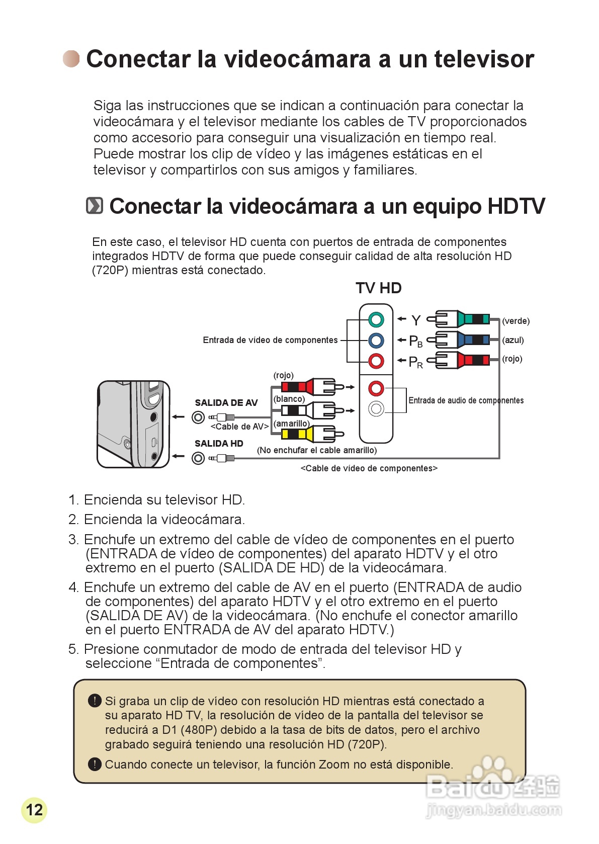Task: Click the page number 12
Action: coord(34,810)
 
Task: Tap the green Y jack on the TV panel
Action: coord(376,319)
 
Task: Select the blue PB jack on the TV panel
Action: coord(376,341)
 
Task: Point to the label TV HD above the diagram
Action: coord(378,288)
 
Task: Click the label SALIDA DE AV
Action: coord(226,403)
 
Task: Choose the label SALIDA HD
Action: coord(219,444)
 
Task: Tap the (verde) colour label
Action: coord(516,321)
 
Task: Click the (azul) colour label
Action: coord(512,340)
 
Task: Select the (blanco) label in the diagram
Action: coord(289,399)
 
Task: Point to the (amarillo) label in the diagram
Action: coord(291,424)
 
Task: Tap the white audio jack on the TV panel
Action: coord(376,408)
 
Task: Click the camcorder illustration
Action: coord(133,424)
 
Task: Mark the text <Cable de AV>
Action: coord(239,427)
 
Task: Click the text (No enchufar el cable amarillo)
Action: coord(316,450)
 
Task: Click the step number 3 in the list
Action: coord(73,540)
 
